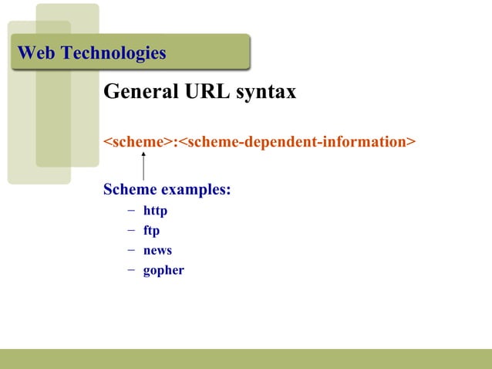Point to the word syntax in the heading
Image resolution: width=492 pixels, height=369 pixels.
pos(265,93)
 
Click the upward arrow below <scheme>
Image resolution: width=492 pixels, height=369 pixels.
pos(143,166)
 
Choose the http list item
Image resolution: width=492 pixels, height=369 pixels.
pos(155,211)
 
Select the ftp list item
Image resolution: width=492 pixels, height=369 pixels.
pos(151,231)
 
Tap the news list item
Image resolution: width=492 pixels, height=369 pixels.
pos(157,250)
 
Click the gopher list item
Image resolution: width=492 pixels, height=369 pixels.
pos(163,271)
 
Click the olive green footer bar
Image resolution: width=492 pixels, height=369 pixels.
pos(246,358)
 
